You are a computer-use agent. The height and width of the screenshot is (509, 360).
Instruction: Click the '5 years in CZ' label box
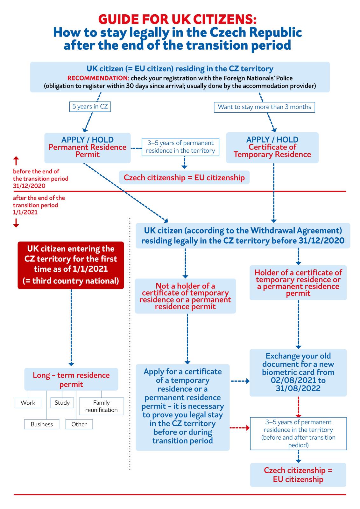pyautogui.click(x=90, y=107)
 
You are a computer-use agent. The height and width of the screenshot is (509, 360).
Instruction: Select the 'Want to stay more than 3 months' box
pyautogui.click(x=264, y=107)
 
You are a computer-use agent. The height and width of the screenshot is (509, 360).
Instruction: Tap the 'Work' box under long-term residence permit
pyautogui.click(x=28, y=403)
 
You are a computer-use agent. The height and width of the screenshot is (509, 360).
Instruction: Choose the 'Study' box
pyautogui.click(x=62, y=403)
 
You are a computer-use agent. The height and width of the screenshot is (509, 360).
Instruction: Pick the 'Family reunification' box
pyautogui.click(x=101, y=406)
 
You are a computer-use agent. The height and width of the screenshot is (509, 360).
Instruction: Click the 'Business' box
pyautogui.click(x=42, y=424)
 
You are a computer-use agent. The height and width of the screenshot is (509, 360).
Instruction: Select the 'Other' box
pyautogui.click(x=79, y=424)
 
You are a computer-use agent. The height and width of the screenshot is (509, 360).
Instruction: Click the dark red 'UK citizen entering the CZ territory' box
pyautogui.click(x=71, y=265)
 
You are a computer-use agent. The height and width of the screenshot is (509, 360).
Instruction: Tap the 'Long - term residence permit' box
pyautogui.click(x=71, y=380)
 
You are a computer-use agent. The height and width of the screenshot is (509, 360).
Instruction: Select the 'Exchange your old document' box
pyautogui.click(x=298, y=373)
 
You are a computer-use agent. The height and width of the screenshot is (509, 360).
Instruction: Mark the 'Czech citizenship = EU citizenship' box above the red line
pyautogui.click(x=184, y=178)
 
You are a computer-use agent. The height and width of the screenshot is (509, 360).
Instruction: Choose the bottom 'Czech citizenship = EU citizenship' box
pyautogui.click(x=298, y=475)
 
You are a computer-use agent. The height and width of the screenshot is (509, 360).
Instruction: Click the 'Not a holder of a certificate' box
pyautogui.click(x=185, y=296)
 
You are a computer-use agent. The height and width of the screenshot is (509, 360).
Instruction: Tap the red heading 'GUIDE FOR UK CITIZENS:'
pyautogui.click(x=177, y=19)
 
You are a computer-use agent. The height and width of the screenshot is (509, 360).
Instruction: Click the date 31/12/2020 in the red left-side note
pyautogui.click(x=29, y=186)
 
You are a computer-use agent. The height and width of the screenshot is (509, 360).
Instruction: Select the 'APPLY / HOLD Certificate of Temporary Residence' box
pyautogui.click(x=272, y=147)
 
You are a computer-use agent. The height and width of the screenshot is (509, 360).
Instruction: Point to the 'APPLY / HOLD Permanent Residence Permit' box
pyautogui.click(x=88, y=147)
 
